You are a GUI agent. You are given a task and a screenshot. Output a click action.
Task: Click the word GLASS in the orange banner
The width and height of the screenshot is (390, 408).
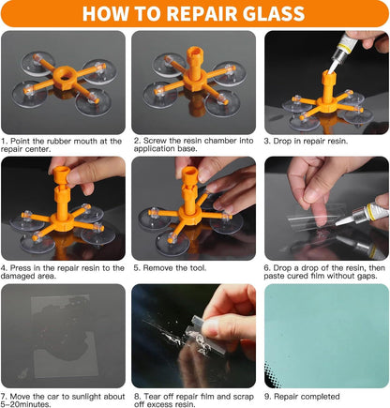click(x=274, y=13)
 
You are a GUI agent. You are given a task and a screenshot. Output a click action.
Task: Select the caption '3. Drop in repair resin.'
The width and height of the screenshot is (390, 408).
click(x=306, y=141)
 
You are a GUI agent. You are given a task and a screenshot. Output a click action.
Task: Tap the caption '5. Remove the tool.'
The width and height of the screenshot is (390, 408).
click(x=170, y=268)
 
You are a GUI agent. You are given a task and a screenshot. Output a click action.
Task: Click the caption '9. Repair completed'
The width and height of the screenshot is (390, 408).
click(x=302, y=397)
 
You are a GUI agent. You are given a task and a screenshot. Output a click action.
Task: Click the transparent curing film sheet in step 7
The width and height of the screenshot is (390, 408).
click(x=64, y=335)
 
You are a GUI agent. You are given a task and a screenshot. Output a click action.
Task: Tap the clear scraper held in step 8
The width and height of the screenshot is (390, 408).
click(x=204, y=336)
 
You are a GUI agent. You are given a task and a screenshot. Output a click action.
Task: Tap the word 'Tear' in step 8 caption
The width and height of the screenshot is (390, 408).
click(x=151, y=397)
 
